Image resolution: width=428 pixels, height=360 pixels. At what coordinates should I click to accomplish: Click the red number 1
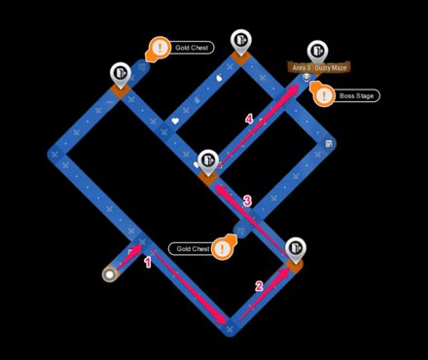coord(148,263)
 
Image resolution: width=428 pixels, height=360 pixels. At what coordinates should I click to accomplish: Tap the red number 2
coord(259,286)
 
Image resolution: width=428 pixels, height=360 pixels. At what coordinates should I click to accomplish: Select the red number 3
coord(247,201)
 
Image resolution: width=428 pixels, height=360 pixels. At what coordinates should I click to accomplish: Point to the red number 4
coord(249,119)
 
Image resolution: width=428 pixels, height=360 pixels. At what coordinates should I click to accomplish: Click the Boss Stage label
coord(358,95)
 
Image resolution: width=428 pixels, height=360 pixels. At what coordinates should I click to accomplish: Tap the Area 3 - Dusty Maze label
coord(320,67)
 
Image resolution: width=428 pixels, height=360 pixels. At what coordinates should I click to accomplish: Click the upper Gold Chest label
coord(192,47)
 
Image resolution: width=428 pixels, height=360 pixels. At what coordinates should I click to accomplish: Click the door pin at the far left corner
coord(120,74)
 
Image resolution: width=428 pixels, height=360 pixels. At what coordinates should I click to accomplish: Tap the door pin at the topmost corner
coord(240,41)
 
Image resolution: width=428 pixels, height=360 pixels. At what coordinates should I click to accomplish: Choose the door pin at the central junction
coord(207,162)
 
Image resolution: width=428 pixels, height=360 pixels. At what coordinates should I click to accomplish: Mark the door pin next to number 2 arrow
coord(295,248)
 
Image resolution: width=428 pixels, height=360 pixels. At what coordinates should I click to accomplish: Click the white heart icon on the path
coord(176,122)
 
